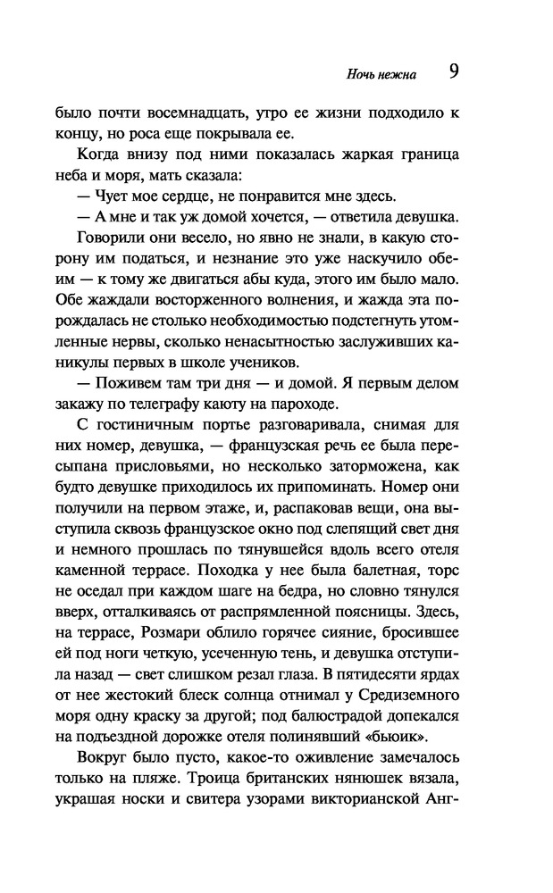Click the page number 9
(454, 71)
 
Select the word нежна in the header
(393, 75)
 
